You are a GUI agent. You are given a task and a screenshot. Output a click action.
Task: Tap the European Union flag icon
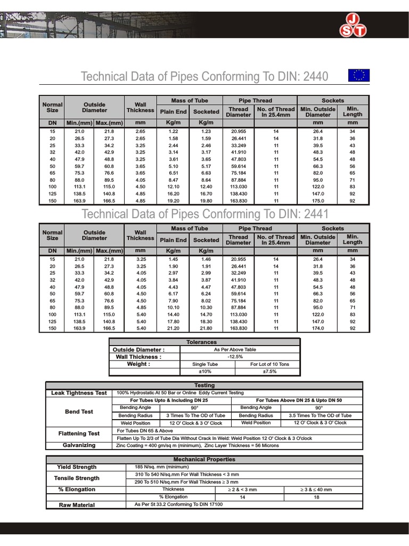pyautogui.click(x=358, y=75)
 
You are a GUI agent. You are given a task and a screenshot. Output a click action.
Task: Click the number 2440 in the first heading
pyautogui.click(x=315, y=77)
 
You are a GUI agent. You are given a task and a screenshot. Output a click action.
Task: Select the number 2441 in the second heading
pyautogui.click(x=315, y=214)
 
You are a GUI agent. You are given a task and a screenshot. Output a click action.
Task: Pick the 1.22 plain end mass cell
pyautogui.click(x=173, y=131)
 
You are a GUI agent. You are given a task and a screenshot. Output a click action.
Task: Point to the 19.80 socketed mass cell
pyautogui.click(x=206, y=202)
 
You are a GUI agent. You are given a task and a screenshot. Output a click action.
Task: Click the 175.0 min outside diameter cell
pyautogui.click(x=317, y=202)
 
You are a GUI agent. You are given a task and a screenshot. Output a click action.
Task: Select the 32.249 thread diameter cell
pyautogui.click(x=238, y=273)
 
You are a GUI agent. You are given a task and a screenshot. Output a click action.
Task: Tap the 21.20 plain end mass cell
pyautogui.click(x=173, y=328)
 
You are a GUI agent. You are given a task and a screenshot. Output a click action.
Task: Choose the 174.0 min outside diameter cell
pyautogui.click(x=317, y=328)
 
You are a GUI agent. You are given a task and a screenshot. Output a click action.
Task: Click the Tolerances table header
pyautogui.click(x=204, y=342)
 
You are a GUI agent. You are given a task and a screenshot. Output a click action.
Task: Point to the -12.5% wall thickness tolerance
pyautogui.click(x=235, y=357)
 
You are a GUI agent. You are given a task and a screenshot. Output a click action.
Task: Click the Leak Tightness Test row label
pyautogui.click(x=79, y=393)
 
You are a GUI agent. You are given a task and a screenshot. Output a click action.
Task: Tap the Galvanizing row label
pyautogui.click(x=79, y=445)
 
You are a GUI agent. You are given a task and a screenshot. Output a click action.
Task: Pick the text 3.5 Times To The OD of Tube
pyautogui.click(x=320, y=415)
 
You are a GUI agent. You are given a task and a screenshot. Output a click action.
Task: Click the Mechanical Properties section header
pyautogui.click(x=204, y=460)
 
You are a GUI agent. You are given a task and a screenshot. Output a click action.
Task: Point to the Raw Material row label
pyautogui.click(x=77, y=505)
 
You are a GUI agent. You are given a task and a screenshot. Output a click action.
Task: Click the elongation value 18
pyautogui.click(x=317, y=497)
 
